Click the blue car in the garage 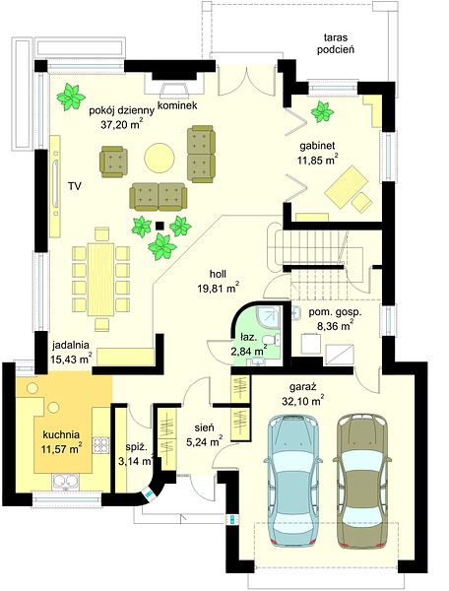coord(292,480)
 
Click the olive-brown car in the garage coord(362,480)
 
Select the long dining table coord(100,280)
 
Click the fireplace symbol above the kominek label coord(174,90)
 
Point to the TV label coord(75,185)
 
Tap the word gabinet coord(317,146)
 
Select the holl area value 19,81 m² coord(219,289)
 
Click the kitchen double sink coord(66,482)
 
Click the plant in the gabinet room coord(322,111)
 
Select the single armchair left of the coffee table coord(113,163)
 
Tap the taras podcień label coord(335,43)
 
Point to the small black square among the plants coord(160,226)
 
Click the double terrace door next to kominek coord(245,81)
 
